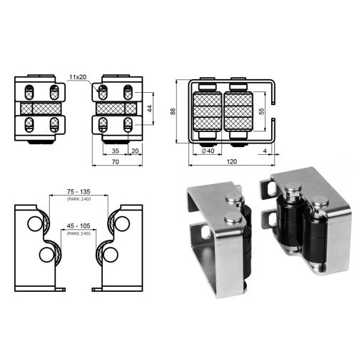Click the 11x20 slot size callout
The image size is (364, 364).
tap(78, 77)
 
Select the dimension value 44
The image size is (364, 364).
tap(150, 108)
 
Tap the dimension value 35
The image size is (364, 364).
tap(116, 151)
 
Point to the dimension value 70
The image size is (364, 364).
tap(116, 162)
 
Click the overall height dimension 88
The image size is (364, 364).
tap(173, 111)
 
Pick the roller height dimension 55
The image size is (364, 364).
tap(261, 111)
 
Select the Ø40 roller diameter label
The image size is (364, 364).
tap(208, 151)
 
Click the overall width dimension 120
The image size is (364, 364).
tap(231, 162)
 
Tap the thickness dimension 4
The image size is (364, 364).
tap(265, 151)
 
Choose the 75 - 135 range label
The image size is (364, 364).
tap(79, 191)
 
